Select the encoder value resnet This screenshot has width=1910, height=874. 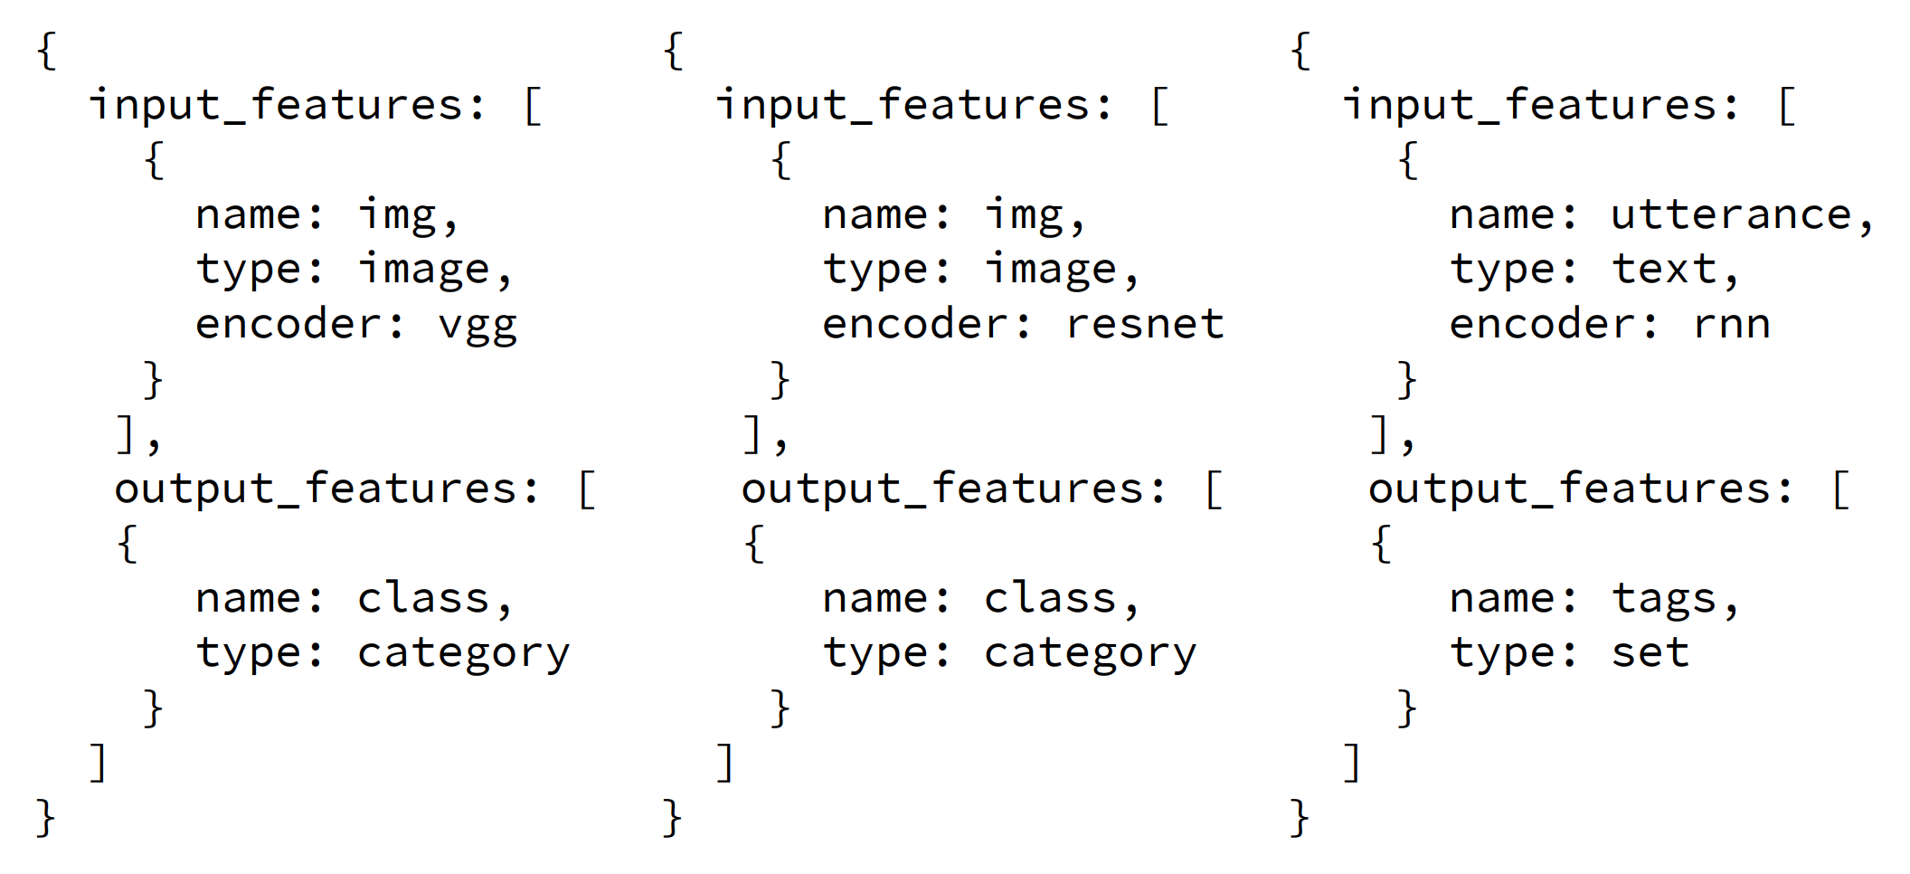(x=1144, y=324)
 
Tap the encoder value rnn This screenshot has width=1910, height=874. (x=1731, y=324)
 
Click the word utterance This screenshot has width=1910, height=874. (x=1731, y=215)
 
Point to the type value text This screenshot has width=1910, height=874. (x=1664, y=270)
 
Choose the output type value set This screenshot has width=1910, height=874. (x=1650, y=653)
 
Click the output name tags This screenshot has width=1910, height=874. (x=1664, y=599)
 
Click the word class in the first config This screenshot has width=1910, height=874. (x=423, y=599)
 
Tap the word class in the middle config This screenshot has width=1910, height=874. (x=1050, y=599)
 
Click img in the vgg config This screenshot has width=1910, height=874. (x=397, y=215)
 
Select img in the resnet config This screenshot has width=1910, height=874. (x=1024, y=215)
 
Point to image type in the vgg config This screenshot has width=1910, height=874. (x=423, y=270)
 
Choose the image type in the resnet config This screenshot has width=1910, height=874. (x=1050, y=270)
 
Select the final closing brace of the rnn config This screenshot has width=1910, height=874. (x=1300, y=818)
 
